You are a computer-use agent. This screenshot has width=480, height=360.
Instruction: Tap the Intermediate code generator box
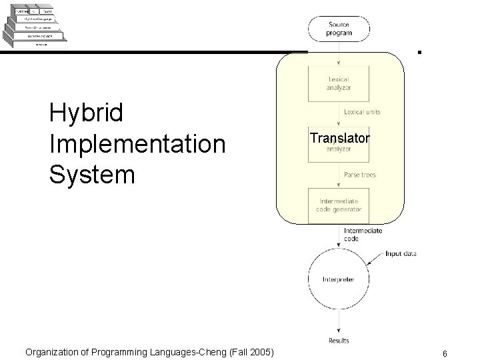338,205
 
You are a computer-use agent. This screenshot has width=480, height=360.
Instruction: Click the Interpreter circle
340,279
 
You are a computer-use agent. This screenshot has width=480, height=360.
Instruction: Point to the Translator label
339,139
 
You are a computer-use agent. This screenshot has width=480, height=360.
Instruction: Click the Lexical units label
363,112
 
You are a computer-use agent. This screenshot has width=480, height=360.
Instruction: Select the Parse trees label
360,175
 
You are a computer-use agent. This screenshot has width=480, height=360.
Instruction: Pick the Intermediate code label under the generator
363,234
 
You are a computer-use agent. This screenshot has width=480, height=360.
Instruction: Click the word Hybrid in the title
87,113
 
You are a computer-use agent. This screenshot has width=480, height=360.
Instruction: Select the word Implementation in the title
137,144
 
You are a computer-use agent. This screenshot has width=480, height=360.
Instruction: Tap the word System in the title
92,175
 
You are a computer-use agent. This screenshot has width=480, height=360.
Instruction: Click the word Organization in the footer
55,350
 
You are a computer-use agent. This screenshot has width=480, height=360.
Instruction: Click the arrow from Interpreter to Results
340,323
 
